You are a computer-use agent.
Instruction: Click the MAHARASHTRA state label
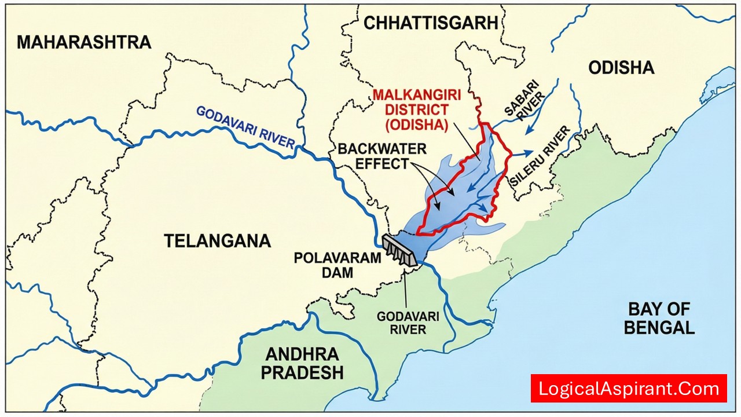tap(84, 42)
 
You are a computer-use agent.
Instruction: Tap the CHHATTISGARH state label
tap(431, 23)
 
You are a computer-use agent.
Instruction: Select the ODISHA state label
tap(621, 68)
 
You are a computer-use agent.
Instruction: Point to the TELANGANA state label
tap(217, 240)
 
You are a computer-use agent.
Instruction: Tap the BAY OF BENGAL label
tap(659, 318)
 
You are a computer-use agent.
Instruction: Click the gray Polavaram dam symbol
tap(399, 250)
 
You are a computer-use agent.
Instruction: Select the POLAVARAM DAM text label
tap(338, 265)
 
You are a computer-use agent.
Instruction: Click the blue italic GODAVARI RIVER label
tap(245, 129)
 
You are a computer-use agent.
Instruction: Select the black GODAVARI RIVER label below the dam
tap(408, 323)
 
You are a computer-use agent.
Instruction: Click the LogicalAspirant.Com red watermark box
tap(628, 389)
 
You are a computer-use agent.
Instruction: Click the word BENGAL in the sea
tap(659, 328)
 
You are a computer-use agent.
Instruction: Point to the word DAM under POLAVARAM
tap(338, 272)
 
